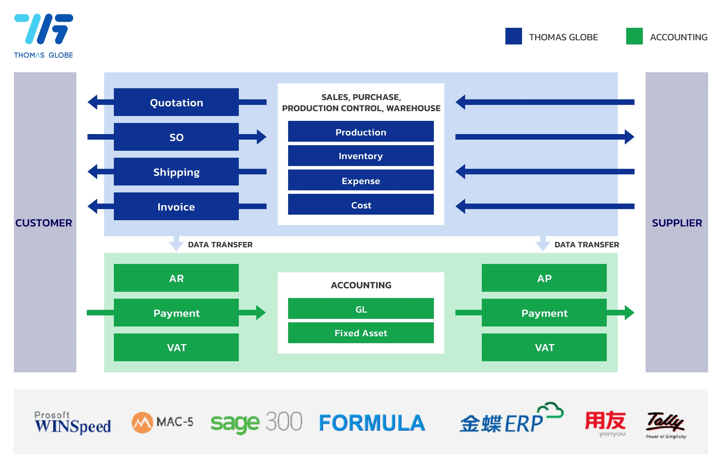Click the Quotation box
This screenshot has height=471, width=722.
coord(176,102)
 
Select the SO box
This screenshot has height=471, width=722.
coord(176,137)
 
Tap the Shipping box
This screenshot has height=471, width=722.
coord(176,172)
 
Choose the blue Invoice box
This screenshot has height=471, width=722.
coord(176,206)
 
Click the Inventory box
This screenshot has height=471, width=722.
coord(361,156)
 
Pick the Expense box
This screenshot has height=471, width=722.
coord(361,180)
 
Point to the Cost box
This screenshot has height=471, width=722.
coord(361,205)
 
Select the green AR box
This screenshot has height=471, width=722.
coord(176,278)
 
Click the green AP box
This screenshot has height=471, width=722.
coord(544,278)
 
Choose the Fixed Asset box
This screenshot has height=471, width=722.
coord(361,333)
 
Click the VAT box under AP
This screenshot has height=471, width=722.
coord(544,347)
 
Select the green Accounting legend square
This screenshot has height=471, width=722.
coord(634,36)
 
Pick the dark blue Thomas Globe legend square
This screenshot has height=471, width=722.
coord(513,36)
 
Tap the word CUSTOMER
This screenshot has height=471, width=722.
coord(44,223)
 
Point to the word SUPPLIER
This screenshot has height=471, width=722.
coord(677,223)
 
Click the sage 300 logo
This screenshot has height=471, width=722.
coord(256,422)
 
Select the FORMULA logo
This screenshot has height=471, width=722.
coord(372,423)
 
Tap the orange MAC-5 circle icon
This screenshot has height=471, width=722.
coord(142,422)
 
